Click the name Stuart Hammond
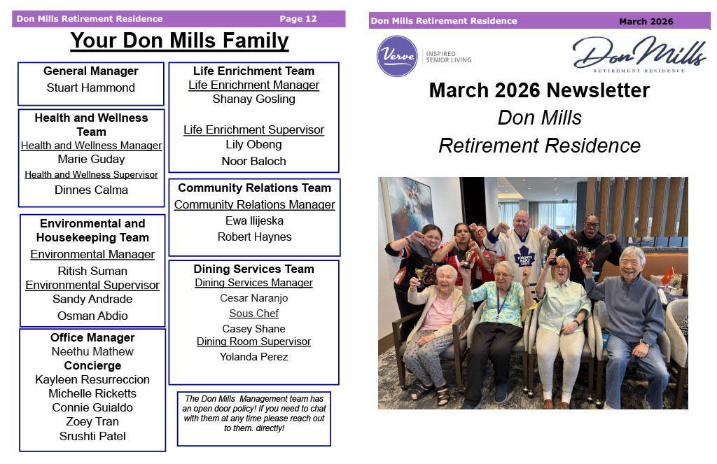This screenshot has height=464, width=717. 90,87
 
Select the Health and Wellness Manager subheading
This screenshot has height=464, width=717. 92,146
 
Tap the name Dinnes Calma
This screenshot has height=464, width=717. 92,190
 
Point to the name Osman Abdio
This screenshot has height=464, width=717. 92,316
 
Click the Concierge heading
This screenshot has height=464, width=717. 92,366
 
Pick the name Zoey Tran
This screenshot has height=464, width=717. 92,421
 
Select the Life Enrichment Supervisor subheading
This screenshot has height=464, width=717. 253,130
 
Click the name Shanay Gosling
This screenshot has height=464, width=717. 253,99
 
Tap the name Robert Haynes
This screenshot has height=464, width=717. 255,237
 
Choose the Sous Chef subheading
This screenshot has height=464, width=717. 253,314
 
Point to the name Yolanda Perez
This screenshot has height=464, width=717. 253,356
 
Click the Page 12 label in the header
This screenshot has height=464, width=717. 298,19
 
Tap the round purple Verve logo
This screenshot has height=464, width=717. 397,56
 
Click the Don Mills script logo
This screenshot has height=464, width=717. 639,54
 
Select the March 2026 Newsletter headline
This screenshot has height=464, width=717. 540,90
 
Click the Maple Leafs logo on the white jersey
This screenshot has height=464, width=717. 524,256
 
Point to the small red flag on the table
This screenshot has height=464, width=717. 667,276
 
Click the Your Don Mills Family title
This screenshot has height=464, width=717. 180,41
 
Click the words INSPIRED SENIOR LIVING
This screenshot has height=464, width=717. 449,57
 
